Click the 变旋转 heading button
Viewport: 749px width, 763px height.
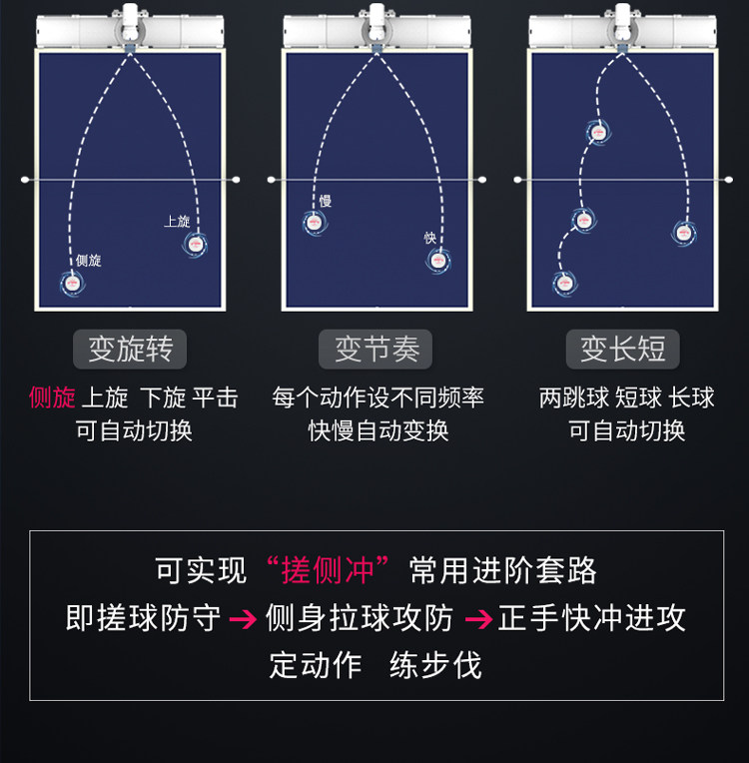[130, 349]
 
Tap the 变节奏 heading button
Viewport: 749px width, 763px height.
[375, 349]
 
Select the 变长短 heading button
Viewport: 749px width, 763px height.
[622, 349]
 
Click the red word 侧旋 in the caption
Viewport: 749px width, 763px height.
[52, 397]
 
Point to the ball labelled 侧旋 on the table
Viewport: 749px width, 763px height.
[73, 284]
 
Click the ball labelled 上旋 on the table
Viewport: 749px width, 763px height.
[195, 244]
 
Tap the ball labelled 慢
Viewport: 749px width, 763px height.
[314, 223]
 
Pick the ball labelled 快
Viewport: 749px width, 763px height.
[437, 261]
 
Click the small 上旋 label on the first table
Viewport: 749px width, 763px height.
[177, 222]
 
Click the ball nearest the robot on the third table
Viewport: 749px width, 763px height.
[597, 132]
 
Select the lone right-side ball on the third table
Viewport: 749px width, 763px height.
[684, 233]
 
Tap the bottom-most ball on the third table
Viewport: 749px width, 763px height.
[564, 283]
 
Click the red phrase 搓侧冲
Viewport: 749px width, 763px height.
[328, 570]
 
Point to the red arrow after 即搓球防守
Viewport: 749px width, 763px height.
[243, 619]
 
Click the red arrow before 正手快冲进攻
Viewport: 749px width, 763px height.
[479, 619]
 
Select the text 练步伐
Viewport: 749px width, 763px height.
[435, 665]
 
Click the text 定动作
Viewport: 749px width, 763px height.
[316, 665]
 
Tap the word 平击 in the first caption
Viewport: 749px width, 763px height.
[215, 397]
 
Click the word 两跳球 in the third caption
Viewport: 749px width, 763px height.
[574, 397]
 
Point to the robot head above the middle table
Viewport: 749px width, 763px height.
[376, 22]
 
